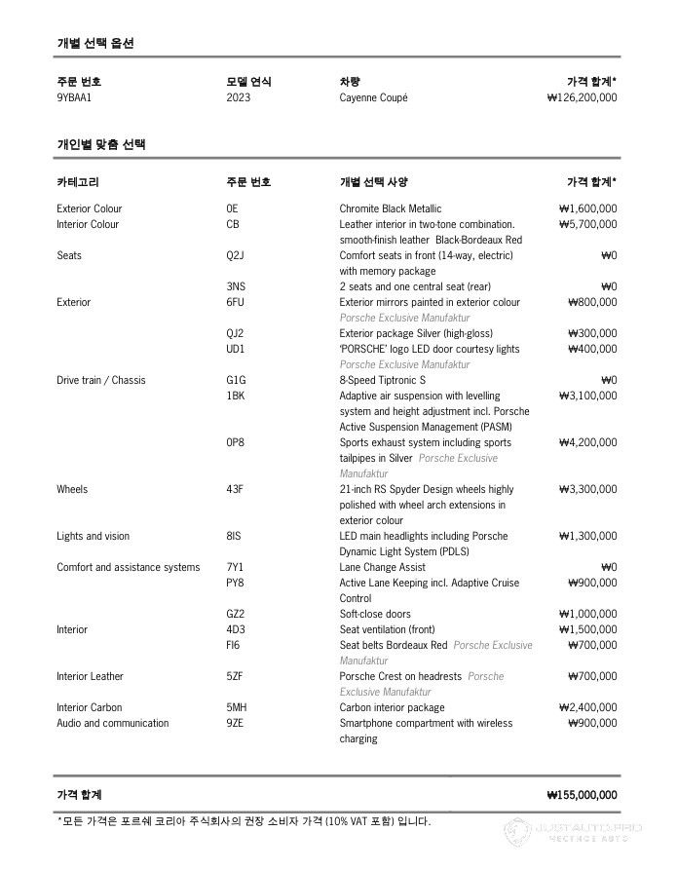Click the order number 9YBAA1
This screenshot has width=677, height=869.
click(74, 97)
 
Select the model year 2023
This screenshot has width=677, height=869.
click(238, 97)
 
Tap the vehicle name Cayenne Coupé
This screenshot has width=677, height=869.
click(373, 97)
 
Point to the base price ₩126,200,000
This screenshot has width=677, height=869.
click(582, 97)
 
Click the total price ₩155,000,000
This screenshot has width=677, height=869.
click(582, 795)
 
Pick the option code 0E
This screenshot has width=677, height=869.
click(232, 208)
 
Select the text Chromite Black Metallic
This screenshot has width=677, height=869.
click(390, 208)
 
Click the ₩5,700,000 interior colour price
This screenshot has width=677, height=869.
click(587, 224)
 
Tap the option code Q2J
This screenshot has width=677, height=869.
click(235, 255)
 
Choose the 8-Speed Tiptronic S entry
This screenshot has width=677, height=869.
click(383, 380)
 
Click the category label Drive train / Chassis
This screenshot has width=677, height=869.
click(100, 380)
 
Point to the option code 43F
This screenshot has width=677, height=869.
click(235, 489)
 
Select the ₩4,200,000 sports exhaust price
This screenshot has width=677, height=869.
click(587, 442)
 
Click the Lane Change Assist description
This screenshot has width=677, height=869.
click(382, 567)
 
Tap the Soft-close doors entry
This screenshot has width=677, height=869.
click(375, 614)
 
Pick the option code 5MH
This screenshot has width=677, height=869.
click(236, 707)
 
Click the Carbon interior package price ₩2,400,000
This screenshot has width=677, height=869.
click(587, 707)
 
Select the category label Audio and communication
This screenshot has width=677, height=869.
click(112, 723)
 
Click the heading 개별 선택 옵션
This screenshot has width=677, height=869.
click(95, 43)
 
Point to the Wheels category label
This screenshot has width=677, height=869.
click(72, 489)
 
